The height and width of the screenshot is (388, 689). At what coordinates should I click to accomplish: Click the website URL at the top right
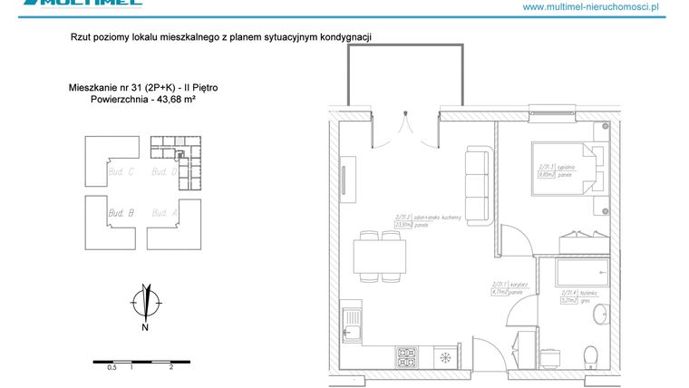(603, 7)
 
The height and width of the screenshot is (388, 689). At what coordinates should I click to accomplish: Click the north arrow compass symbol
(144, 300)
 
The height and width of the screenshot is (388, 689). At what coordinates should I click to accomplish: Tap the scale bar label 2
(170, 368)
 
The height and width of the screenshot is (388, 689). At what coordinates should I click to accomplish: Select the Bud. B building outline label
(121, 212)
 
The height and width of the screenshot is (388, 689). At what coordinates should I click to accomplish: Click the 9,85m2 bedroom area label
(546, 175)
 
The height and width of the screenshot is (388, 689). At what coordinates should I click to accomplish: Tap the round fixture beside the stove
(445, 357)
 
